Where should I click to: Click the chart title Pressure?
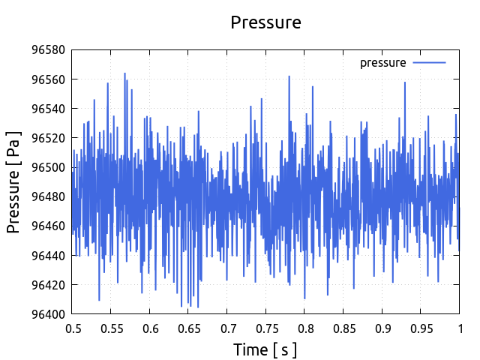click(x=265, y=22)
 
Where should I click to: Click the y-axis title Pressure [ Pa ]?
click(x=14, y=182)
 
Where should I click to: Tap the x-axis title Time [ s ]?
click(x=265, y=349)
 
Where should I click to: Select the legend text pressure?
click(x=382, y=63)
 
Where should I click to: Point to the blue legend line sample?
click(x=429, y=63)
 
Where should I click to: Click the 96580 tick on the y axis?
click(x=48, y=50)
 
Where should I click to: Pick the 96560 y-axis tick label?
click(x=48, y=79)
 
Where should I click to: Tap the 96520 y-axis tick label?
click(x=48, y=138)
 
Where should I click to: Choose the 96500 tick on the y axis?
click(x=48, y=167)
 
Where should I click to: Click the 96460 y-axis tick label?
click(x=48, y=226)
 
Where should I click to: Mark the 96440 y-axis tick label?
click(x=48, y=255)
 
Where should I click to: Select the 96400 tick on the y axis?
click(x=48, y=313)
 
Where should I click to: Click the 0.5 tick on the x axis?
click(x=73, y=328)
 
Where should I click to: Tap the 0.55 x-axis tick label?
click(x=112, y=328)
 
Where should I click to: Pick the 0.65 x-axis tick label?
click(x=189, y=328)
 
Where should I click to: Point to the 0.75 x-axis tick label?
click(x=266, y=328)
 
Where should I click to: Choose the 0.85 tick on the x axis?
click(x=343, y=328)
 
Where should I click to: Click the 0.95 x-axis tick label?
click(x=421, y=328)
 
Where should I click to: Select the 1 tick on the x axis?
click(x=459, y=328)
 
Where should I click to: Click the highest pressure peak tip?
click(x=124, y=73)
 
